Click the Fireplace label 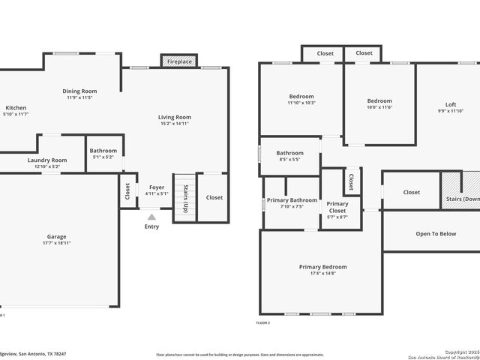[179, 61]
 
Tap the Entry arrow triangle [151, 217]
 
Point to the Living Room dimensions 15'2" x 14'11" [174, 124]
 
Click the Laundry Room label [47, 160]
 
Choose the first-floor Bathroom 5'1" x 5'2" [103, 154]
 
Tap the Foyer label [156, 187]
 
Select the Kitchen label [16, 108]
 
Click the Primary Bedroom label [322, 267]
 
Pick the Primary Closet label [337, 207]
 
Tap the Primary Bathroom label [292, 200]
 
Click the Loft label [451, 104]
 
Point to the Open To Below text [436, 234]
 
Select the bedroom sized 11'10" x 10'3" [301, 98]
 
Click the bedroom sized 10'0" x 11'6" [379, 101]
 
